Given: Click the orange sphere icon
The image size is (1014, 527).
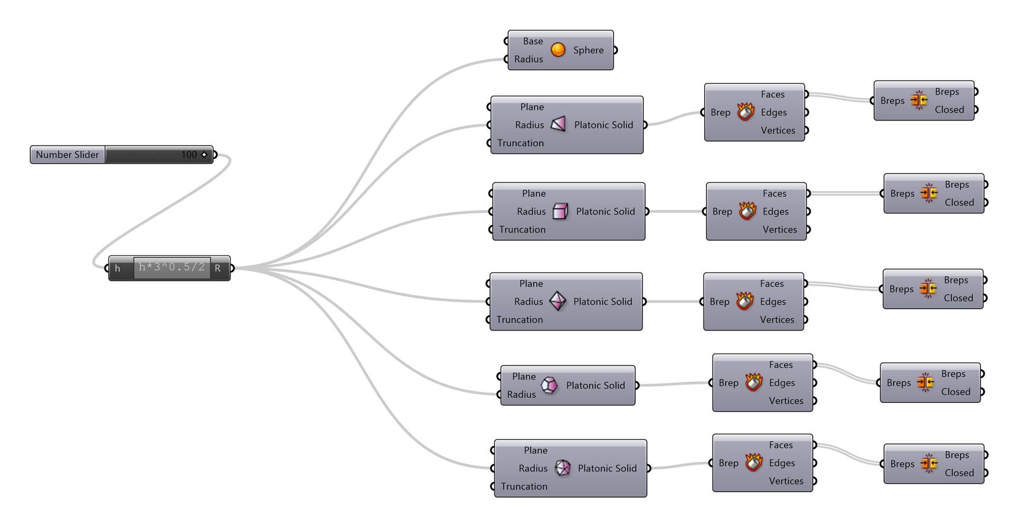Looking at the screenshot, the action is click(558, 50).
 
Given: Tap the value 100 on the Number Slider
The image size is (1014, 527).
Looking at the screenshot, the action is click(189, 155).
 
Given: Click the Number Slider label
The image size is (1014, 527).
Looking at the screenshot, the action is click(67, 155).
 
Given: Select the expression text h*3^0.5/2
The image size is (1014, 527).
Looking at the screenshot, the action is click(172, 267).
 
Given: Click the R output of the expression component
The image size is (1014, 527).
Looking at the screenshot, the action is click(218, 268).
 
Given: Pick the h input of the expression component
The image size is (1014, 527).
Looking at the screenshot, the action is click(117, 268).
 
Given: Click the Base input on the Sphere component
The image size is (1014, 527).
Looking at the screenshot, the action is click(533, 41).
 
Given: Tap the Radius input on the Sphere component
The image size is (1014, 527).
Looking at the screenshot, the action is click(529, 60).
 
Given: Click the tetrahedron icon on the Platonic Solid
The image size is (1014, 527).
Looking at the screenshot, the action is click(558, 124).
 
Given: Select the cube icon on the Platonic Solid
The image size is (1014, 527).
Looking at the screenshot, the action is click(560, 212).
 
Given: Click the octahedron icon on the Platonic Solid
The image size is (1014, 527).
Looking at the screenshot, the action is click(558, 302).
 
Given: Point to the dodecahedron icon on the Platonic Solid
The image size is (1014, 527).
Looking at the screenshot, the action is click(549, 385).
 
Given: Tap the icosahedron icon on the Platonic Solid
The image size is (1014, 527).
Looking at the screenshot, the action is click(563, 468).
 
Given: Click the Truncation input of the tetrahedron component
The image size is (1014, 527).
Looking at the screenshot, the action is click(520, 143).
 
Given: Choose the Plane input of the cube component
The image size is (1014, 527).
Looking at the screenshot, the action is click(534, 194).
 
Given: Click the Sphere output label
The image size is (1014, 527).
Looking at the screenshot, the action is click(589, 50).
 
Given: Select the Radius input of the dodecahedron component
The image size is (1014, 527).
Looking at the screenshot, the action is click(521, 395).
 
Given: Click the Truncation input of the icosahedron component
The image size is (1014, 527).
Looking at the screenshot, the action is click(523, 486).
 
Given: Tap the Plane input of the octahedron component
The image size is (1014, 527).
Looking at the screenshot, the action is click(531, 284).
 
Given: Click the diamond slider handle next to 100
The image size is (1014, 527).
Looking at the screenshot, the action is click(204, 155).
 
